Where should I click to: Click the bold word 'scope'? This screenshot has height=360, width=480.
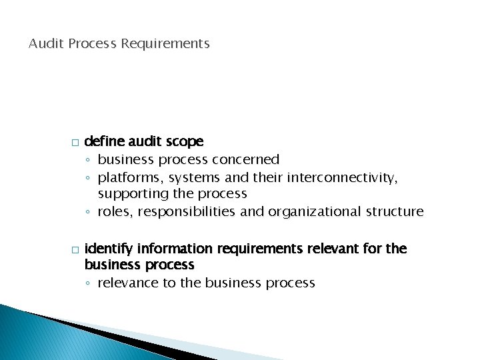(186, 141)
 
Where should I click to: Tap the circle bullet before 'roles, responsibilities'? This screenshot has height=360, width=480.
(89, 213)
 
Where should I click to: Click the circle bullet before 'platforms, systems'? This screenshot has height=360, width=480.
(89, 177)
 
